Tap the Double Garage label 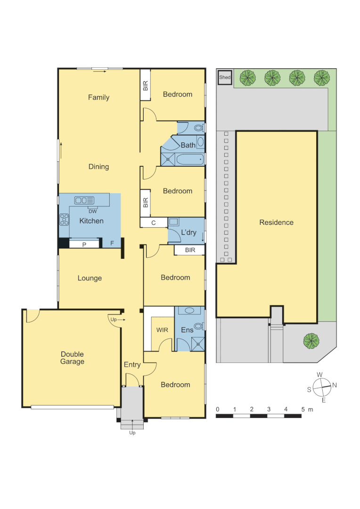coord(72,358)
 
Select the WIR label coord(162,330)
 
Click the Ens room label coord(187,330)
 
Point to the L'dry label coord(188,232)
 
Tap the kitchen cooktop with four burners coord(64,220)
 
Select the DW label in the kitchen coord(92,211)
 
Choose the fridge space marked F coord(112,243)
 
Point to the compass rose coord(321,387)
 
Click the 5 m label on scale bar coord(306,409)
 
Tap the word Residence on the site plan coord(276,222)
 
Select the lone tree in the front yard coord(311,340)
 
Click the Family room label coord(98,98)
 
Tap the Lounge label coord(90,278)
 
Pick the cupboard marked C coord(154,223)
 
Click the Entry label coord(132,364)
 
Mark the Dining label coord(98,166)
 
